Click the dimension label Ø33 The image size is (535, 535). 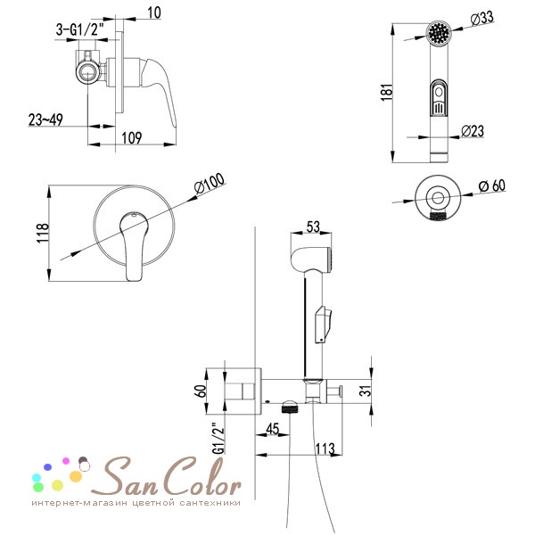(481, 18)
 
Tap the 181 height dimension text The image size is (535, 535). (388, 92)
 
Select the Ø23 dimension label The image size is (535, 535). (473, 131)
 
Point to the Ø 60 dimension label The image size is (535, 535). (491, 186)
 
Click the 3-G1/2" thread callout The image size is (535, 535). (80, 30)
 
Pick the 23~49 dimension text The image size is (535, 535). (45, 119)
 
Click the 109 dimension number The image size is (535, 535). (132, 138)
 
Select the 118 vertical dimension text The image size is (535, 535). (43, 233)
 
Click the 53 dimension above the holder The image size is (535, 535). (313, 226)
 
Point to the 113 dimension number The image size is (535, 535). (325, 449)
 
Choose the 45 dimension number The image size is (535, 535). (273, 429)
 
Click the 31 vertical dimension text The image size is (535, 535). (366, 391)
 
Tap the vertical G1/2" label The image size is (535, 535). (218, 438)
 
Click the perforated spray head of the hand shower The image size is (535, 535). (439, 32)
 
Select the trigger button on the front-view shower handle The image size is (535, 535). (439, 97)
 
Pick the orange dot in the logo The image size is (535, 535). (76, 476)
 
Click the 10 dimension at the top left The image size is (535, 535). (154, 12)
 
